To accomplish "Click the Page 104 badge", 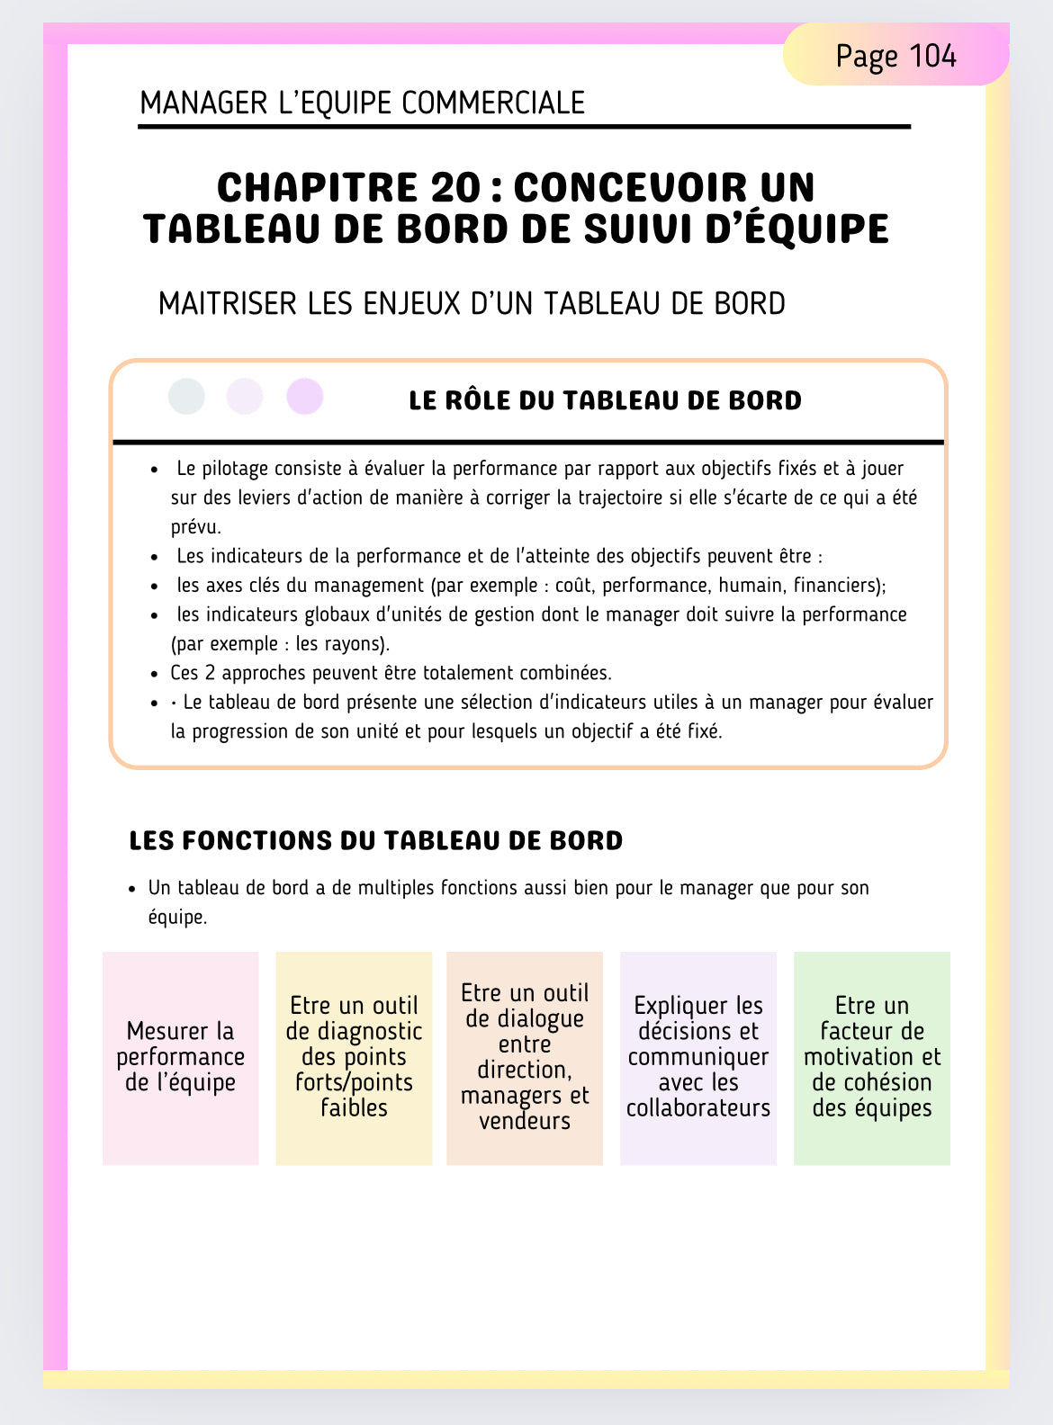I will click(895, 56).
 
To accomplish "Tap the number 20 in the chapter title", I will click(455, 187).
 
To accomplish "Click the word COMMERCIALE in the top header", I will click(493, 103).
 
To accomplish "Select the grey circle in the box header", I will click(186, 396).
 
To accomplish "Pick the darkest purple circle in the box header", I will click(305, 396).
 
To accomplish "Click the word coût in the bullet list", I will click(573, 586).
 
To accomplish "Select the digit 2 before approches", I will click(211, 673).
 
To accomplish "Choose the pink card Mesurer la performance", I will click(180, 1058).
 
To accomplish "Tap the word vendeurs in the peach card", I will click(525, 1121).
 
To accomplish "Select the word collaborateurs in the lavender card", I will click(698, 1108).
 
